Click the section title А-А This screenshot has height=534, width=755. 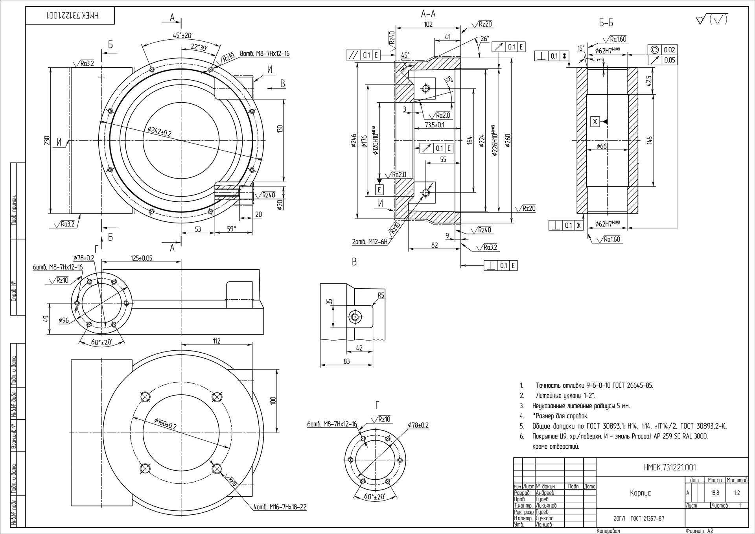[428, 15]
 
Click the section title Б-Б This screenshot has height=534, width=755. [606, 24]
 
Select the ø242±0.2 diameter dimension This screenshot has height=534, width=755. [160, 131]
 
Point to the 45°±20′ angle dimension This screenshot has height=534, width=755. [182, 35]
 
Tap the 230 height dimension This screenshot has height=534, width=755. [47, 140]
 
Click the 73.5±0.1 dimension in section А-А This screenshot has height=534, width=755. [435, 125]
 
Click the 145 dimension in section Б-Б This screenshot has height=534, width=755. [649, 140]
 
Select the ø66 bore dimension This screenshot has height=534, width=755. [602, 146]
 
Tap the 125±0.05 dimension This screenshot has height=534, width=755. [141, 258]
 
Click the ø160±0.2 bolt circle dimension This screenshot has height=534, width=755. [165, 424]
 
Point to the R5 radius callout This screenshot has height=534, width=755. [381, 295]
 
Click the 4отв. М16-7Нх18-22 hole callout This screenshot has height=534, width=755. [280, 507]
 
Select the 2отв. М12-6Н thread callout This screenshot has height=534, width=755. [370, 242]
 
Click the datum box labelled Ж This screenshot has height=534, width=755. [595, 122]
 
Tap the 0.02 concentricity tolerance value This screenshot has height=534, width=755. [669, 50]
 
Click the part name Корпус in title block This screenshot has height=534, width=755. [640, 493]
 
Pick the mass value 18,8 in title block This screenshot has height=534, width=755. [715, 492]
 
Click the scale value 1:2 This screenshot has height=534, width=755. [737, 492]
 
